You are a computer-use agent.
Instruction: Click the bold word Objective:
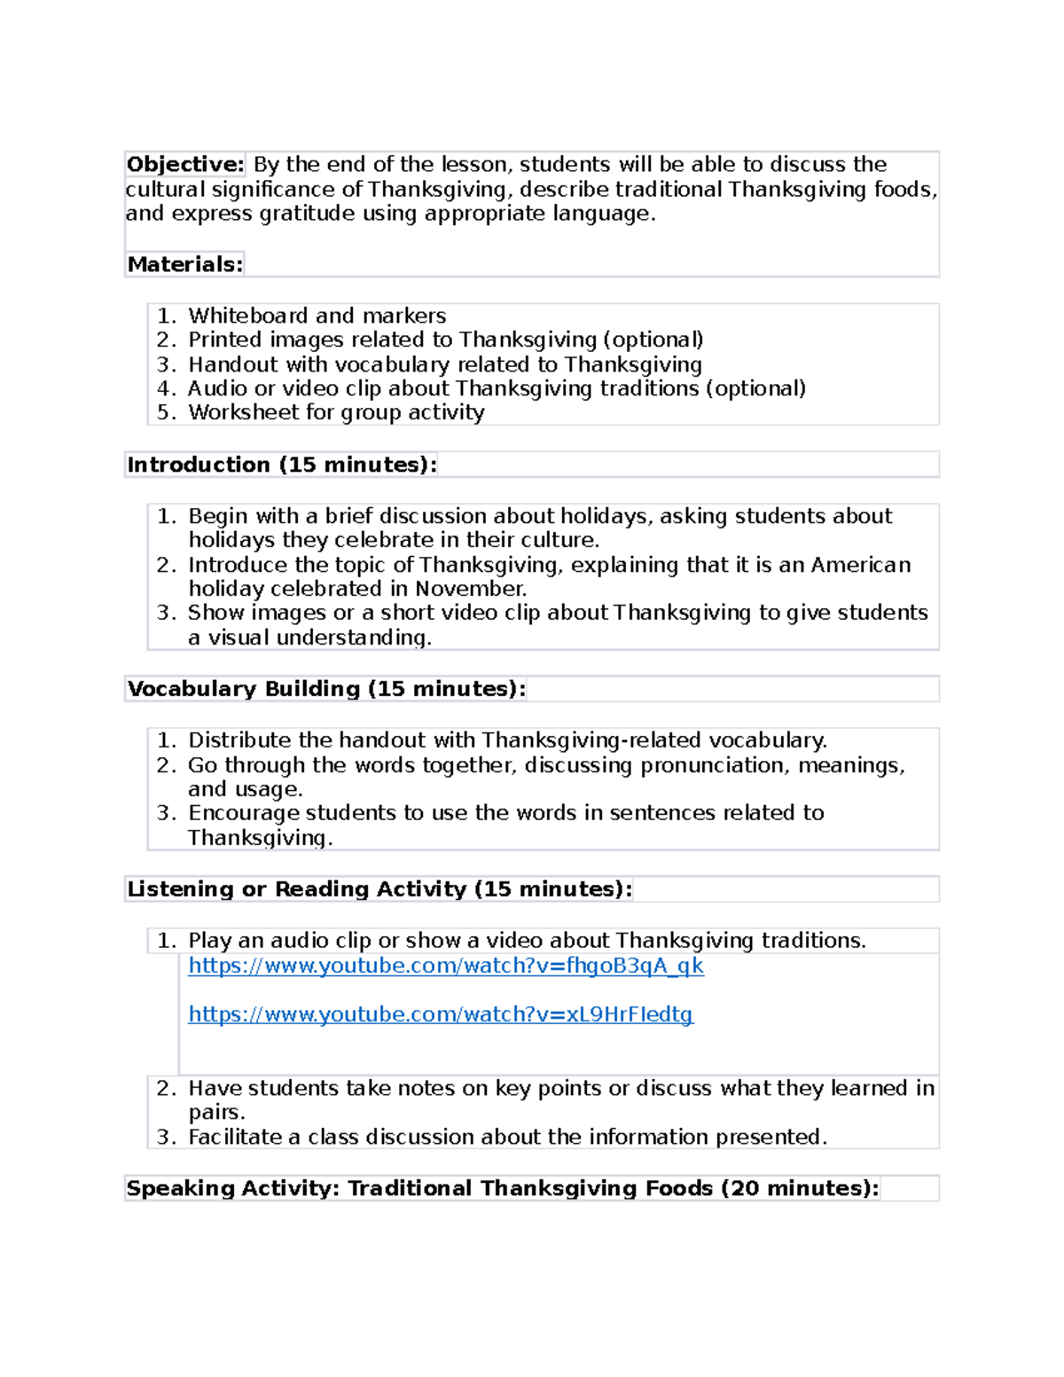[x=184, y=165]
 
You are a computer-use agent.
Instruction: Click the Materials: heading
[x=184, y=264]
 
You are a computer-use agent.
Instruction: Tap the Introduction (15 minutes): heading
[x=282, y=465]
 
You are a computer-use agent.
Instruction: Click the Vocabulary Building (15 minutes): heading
[x=326, y=689]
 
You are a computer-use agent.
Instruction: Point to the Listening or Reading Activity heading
[x=379, y=889]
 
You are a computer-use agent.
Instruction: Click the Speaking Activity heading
[x=503, y=1188]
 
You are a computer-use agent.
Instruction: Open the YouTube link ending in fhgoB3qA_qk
[x=446, y=966]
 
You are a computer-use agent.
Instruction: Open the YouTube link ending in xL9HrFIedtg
[x=441, y=1014]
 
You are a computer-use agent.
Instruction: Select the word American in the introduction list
[x=860, y=565]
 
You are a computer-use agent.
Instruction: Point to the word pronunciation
[x=713, y=765]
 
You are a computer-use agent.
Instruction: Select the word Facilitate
[x=234, y=1137]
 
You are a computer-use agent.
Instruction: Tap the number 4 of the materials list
[x=163, y=388]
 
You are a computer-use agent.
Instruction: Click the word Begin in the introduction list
[x=218, y=516]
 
